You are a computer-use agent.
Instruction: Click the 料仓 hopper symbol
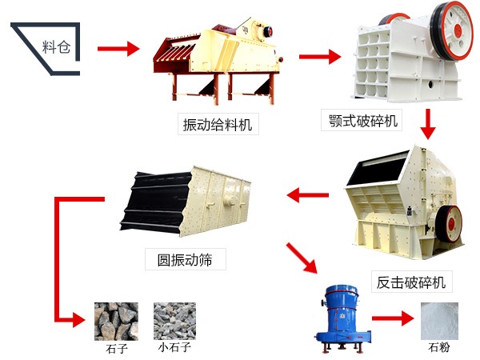[48, 46]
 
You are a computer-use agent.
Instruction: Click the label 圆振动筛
[186, 259]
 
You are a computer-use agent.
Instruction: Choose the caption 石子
[116, 349]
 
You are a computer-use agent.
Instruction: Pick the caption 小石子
[174, 349]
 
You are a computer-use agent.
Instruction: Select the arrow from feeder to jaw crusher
[319, 57]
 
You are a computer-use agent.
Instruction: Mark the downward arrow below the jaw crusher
[429, 123]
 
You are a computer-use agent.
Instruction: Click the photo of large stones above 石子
[116, 321]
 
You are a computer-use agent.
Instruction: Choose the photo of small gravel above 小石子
[175, 321]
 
